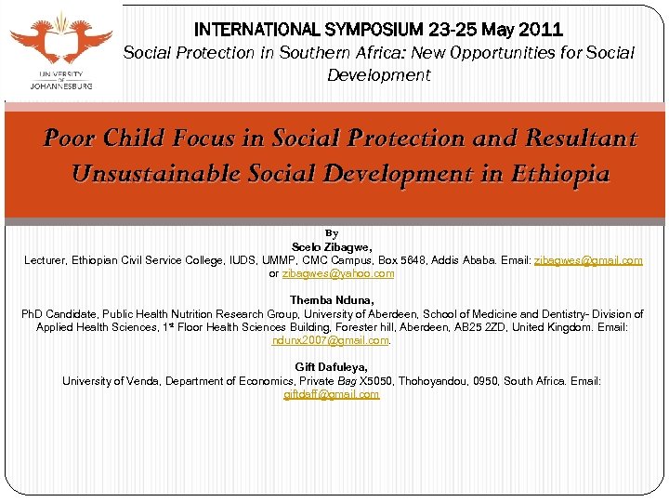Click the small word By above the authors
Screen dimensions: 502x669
point(332,232)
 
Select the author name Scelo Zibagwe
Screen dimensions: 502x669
point(332,246)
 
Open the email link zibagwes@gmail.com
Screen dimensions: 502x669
point(588,260)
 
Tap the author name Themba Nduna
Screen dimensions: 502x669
point(332,300)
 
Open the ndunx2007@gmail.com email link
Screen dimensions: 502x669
point(330,340)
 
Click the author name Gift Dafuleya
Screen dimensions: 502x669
point(332,367)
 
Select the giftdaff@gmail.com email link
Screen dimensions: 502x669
point(332,394)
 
